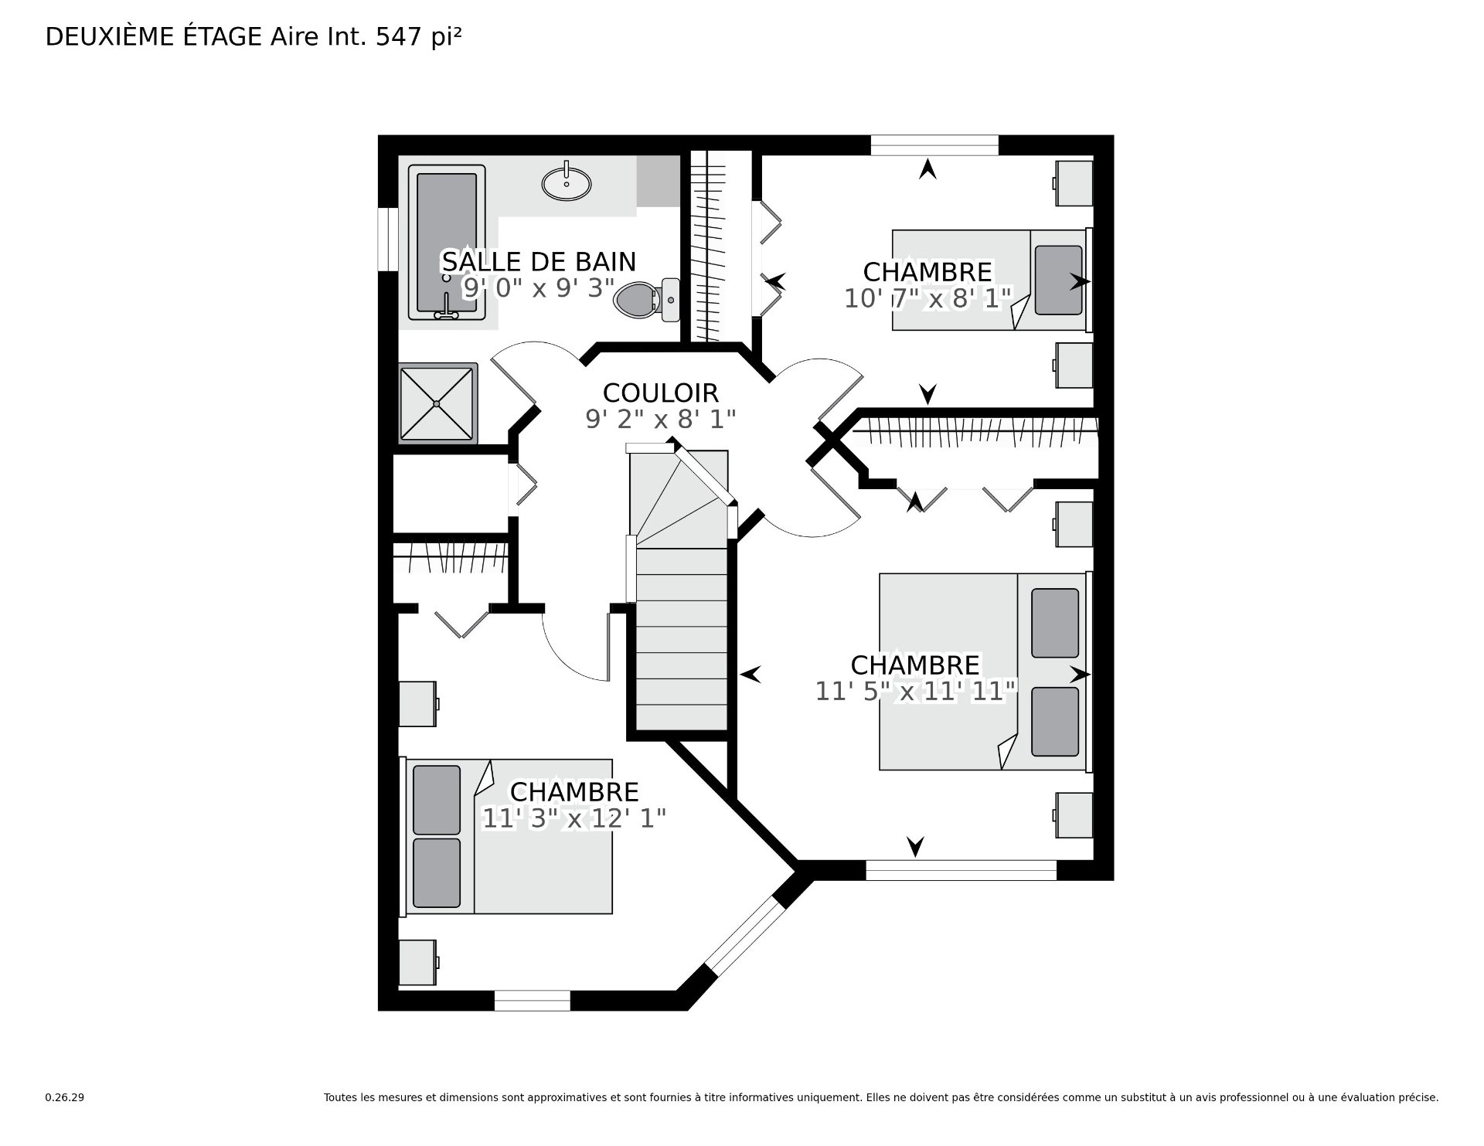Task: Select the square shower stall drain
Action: click(437, 403)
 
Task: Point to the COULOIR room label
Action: click(660, 393)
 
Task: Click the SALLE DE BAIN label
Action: click(539, 262)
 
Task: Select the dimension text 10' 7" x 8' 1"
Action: click(927, 298)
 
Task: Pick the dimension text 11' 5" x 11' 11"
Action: click(915, 692)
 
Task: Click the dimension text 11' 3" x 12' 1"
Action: click(574, 818)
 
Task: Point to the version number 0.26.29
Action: click(65, 1097)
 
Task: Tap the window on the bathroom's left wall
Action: click(387, 239)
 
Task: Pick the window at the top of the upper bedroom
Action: click(934, 145)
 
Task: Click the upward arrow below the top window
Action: click(927, 169)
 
